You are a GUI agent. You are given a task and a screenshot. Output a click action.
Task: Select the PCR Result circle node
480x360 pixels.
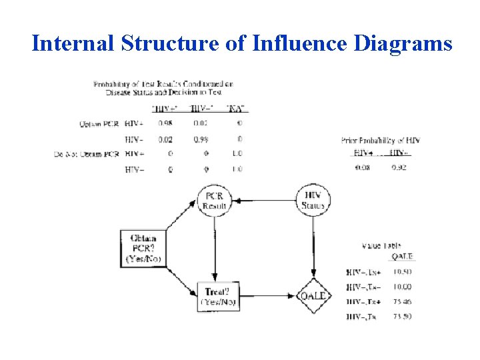tap(214, 199)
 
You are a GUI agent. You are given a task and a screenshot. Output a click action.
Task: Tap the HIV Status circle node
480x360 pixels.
tap(312, 199)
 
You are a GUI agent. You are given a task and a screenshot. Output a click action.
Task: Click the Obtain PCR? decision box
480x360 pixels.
tap(144, 248)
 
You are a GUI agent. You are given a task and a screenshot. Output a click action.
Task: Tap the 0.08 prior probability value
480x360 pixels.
tap(362, 167)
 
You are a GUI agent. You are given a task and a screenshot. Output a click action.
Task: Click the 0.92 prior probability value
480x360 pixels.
tap(398, 167)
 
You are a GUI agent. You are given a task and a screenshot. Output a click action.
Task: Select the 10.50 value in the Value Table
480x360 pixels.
tap(401, 271)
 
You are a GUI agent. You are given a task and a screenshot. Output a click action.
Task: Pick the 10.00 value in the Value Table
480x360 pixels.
tap(401, 287)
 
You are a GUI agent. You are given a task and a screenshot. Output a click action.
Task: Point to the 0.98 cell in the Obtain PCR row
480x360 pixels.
tap(165, 123)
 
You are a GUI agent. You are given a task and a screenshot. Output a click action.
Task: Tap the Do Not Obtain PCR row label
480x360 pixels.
tap(87, 155)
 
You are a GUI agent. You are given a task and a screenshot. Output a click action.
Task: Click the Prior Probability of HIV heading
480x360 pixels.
tap(380, 141)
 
